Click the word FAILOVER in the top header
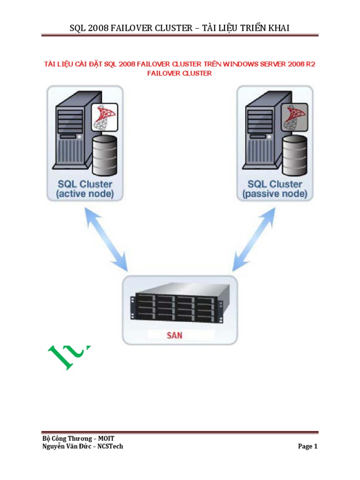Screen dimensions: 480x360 (x=132, y=28)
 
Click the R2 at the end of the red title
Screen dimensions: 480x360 (x=310, y=64)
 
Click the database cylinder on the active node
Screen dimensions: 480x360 (x=105, y=154)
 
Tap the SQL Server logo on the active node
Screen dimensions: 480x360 (x=104, y=117)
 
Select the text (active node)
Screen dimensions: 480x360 (x=84, y=194)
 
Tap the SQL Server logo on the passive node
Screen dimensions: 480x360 (x=294, y=117)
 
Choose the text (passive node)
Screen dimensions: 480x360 (x=275, y=194)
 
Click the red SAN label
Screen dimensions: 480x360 (x=175, y=335)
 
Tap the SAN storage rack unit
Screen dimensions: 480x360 (x=180, y=304)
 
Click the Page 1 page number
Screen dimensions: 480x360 (x=308, y=446)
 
